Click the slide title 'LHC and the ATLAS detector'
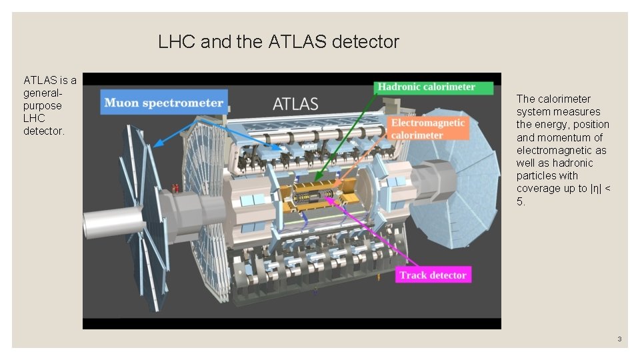coord(279,42)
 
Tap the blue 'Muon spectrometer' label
coord(163,103)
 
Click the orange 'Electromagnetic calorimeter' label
coord(427,129)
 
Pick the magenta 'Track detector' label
coord(433,275)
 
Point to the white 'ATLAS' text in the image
coord(295,104)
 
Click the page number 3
coord(619,339)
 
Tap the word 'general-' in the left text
coord(43,93)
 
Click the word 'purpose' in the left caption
coord(42,106)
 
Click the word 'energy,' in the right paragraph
coord(550,125)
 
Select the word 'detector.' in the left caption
coord(44,131)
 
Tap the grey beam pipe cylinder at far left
coord(110,221)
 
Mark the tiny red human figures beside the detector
coord(176,188)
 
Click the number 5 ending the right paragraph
coord(520,201)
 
